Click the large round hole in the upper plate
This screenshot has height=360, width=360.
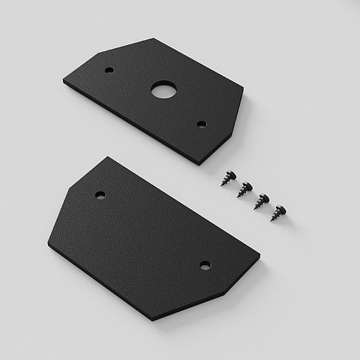click(x=161, y=91)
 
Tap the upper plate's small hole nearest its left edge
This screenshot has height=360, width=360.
click(x=109, y=70)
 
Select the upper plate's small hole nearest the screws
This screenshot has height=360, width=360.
click(x=202, y=124)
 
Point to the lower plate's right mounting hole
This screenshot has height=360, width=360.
click(x=205, y=264)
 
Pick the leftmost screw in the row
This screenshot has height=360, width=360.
click(x=227, y=178)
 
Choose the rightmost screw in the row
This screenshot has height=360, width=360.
click(x=279, y=213)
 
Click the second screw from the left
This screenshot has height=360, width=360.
click(x=244, y=189)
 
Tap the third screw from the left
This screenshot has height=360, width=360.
click(x=262, y=201)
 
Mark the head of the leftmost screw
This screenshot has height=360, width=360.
click(x=230, y=175)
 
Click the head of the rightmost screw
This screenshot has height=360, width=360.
click(x=282, y=209)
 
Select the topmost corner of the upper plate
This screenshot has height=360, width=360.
click(x=153, y=39)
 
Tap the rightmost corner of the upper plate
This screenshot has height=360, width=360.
click(x=244, y=90)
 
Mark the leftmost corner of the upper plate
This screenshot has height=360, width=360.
click(x=63, y=80)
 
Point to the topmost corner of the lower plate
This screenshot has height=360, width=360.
click(x=108, y=157)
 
